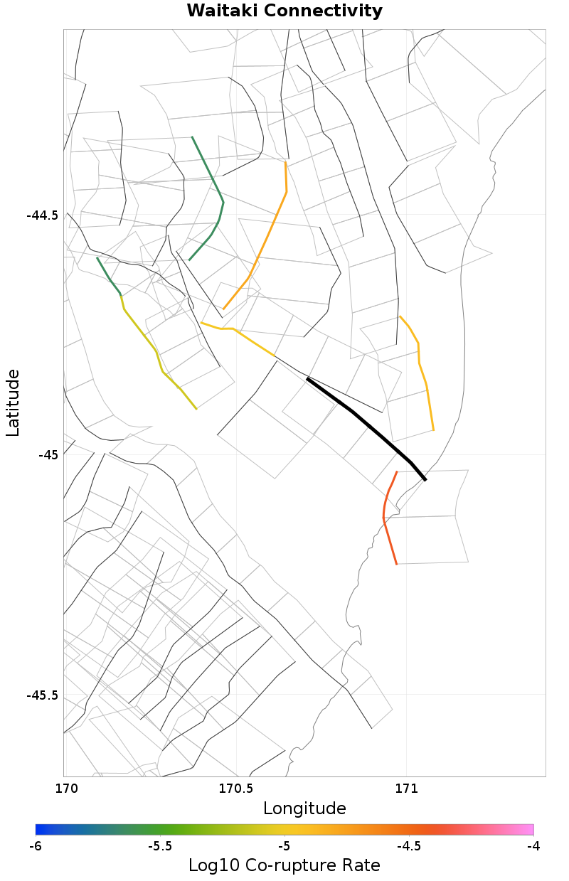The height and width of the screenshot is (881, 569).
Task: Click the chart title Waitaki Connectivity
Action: (284, 11)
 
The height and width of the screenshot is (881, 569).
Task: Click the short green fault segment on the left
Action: (109, 276)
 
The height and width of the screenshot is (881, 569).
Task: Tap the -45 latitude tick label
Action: (48, 455)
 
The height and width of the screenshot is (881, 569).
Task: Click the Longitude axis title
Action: (304, 808)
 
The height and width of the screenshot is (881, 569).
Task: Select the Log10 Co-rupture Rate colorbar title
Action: (284, 865)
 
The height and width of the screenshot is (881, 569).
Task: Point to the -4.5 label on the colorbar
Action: (408, 846)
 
